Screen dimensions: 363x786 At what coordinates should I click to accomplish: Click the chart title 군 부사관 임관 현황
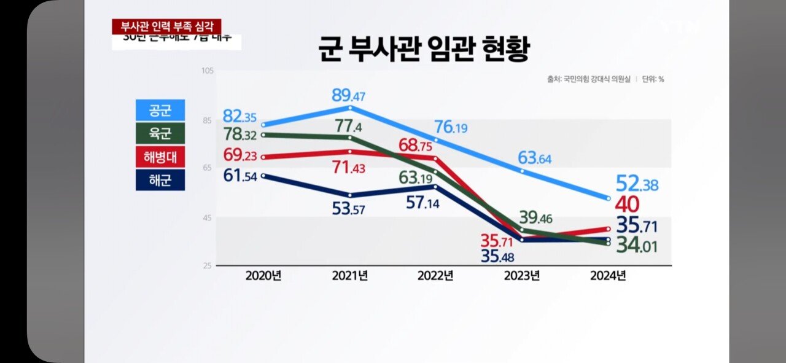click(x=423, y=49)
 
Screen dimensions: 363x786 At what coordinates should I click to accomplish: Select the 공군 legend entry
click(x=160, y=111)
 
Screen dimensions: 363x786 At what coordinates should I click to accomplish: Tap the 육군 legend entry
click(x=160, y=134)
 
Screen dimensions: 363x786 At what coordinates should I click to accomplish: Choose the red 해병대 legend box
click(x=160, y=157)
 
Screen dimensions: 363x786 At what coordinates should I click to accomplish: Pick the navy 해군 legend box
click(x=160, y=181)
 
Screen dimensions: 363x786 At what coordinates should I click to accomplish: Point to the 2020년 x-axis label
click(x=263, y=276)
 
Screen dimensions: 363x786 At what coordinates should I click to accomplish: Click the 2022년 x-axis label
click(x=435, y=276)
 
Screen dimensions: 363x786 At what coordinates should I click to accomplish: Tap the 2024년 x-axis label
click(x=607, y=276)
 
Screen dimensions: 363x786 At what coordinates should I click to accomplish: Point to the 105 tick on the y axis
click(x=206, y=71)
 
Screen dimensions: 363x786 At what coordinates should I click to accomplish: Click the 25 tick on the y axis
click(x=208, y=265)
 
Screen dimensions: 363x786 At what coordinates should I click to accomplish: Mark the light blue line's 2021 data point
click(x=349, y=107)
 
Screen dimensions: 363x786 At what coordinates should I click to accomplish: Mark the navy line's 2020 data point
click(x=263, y=176)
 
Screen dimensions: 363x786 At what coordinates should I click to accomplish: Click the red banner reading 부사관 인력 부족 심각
click(x=166, y=27)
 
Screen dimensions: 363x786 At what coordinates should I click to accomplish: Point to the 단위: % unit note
click(x=653, y=79)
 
